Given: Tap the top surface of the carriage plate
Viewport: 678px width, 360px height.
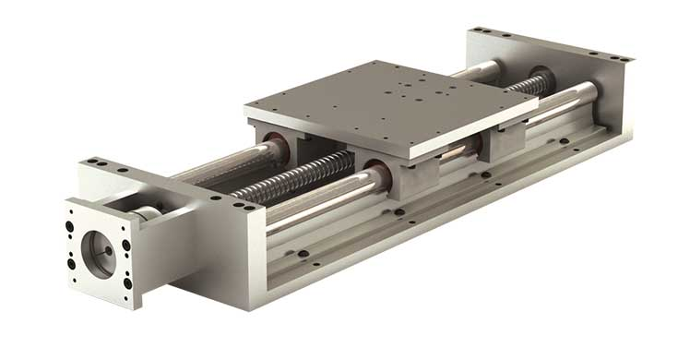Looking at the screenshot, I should coord(387,97).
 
